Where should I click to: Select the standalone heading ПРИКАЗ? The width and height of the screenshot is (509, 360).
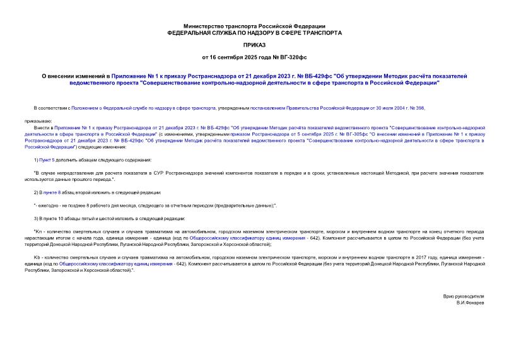[254, 46]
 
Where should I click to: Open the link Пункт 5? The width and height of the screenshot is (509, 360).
[49, 161]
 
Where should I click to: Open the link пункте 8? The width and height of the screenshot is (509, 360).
[52, 192]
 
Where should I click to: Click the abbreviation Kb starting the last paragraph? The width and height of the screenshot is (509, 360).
[37, 258]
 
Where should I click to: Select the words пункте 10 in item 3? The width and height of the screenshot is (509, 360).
[52, 218]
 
